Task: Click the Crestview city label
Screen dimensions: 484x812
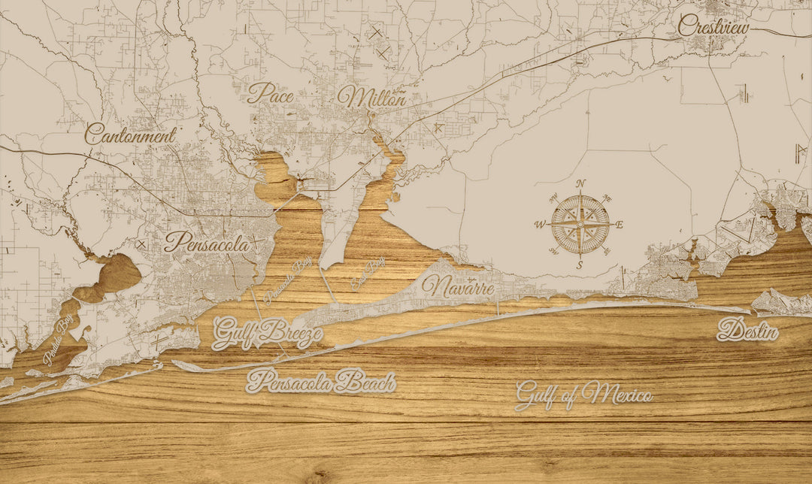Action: [714, 26]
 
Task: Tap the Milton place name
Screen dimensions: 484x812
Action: [371, 97]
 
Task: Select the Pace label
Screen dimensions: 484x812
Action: [270, 93]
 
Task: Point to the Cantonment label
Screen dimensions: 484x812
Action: [130, 135]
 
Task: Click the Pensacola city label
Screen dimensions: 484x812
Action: [207, 243]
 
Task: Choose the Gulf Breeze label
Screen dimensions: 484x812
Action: [268, 333]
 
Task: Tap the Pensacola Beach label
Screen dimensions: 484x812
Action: [321, 382]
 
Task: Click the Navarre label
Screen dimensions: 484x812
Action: [458, 286]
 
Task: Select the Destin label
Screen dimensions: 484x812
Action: [747, 330]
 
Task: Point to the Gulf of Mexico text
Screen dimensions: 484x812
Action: [583, 394]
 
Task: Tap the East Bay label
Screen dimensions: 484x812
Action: [368, 274]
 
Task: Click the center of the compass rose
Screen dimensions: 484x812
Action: [580, 223]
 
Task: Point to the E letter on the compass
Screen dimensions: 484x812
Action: [620, 224]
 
